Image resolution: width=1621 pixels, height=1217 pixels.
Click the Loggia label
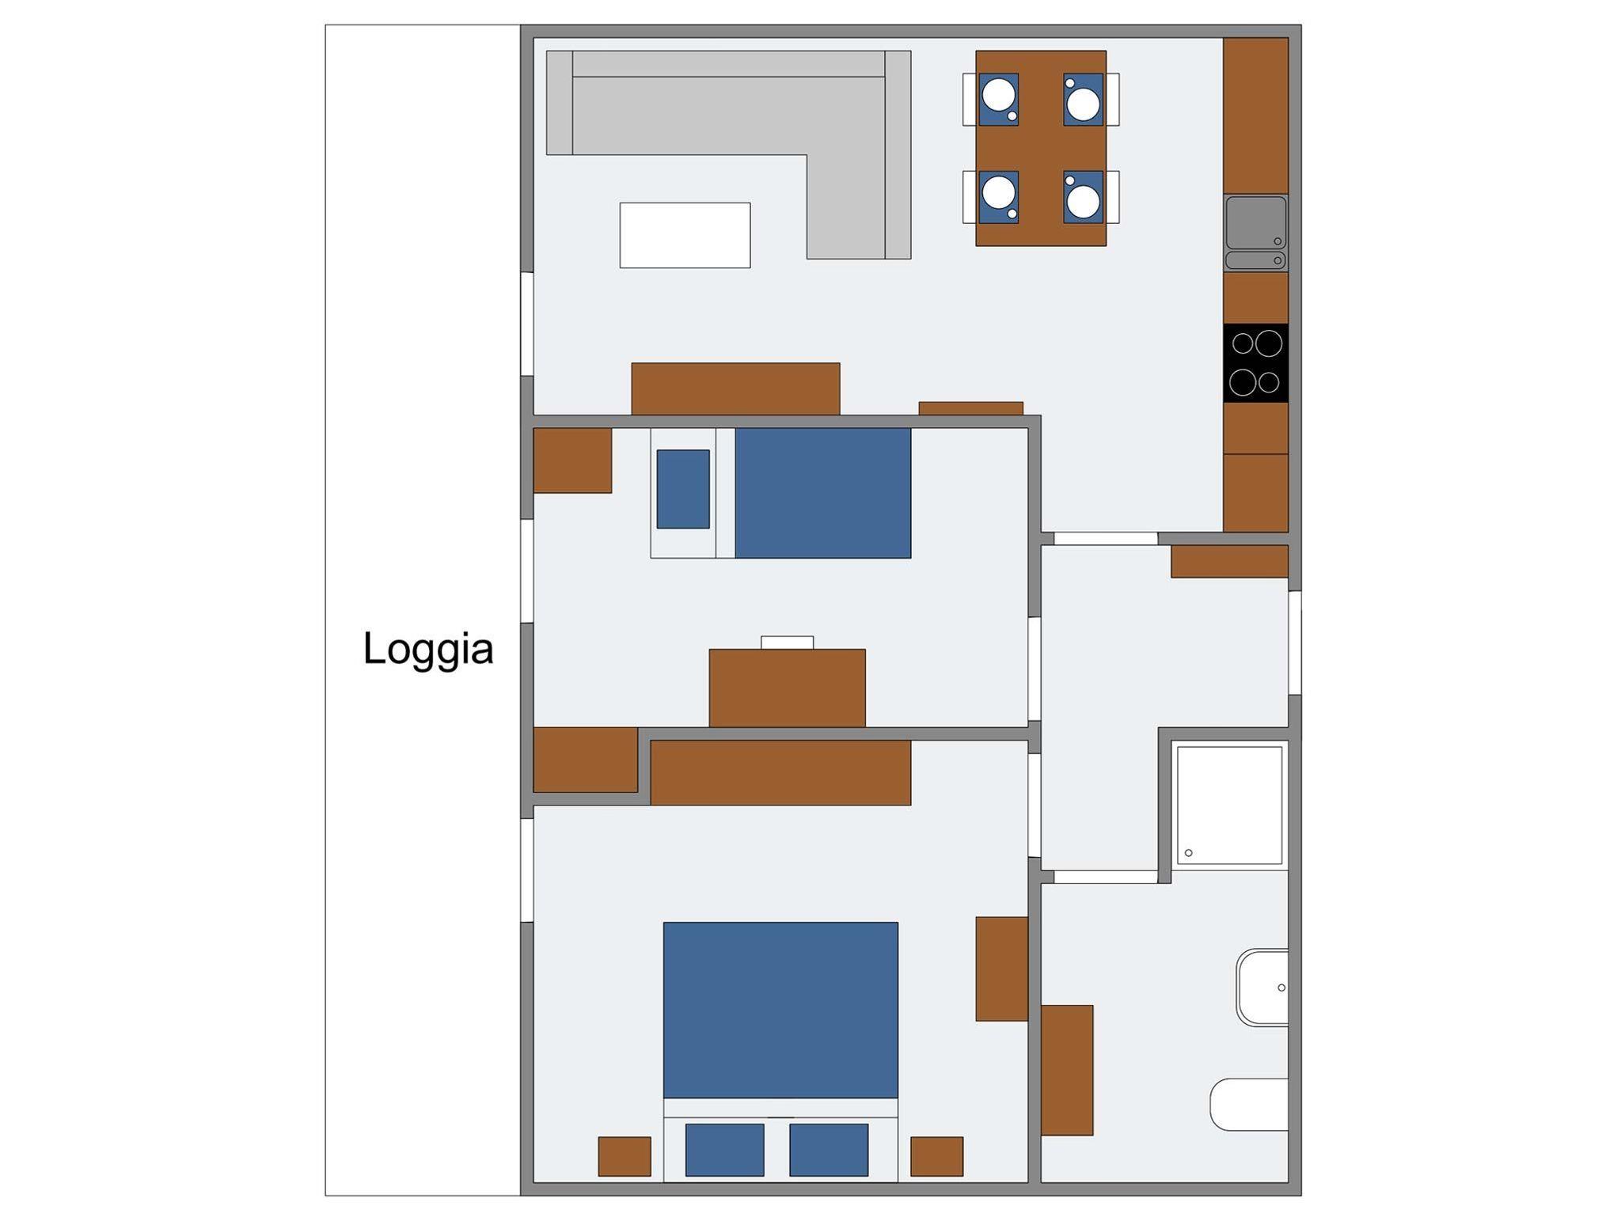point(428,650)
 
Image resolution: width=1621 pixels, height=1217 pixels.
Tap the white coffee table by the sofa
point(685,235)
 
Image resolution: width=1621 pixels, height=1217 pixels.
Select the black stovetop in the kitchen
point(1255,362)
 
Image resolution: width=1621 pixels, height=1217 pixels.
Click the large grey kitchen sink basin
point(1255,222)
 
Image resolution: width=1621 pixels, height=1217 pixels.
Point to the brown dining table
point(1041,148)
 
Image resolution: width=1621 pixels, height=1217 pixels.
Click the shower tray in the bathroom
point(1229,805)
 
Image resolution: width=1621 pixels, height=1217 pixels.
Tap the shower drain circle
point(1188,853)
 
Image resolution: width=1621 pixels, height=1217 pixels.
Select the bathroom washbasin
point(1262,988)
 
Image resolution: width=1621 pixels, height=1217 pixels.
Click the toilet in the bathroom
point(1249,1104)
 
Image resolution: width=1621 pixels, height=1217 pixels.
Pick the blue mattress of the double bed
point(780,1010)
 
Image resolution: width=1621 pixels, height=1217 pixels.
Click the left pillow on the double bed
point(724,1150)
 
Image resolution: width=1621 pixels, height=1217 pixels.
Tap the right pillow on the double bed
point(829,1150)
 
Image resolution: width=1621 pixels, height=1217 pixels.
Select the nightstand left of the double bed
point(624,1157)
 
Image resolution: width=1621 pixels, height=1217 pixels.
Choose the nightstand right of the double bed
point(937,1157)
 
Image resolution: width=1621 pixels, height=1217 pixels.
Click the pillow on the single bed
point(683,489)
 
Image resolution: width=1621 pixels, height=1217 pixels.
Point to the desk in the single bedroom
point(787,688)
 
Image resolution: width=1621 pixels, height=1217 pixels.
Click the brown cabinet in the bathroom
point(1067,1070)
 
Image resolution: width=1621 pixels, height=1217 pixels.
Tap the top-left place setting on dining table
point(998,100)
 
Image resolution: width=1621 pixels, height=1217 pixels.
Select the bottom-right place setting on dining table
point(1084,197)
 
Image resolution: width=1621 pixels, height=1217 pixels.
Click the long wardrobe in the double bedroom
point(780,773)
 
